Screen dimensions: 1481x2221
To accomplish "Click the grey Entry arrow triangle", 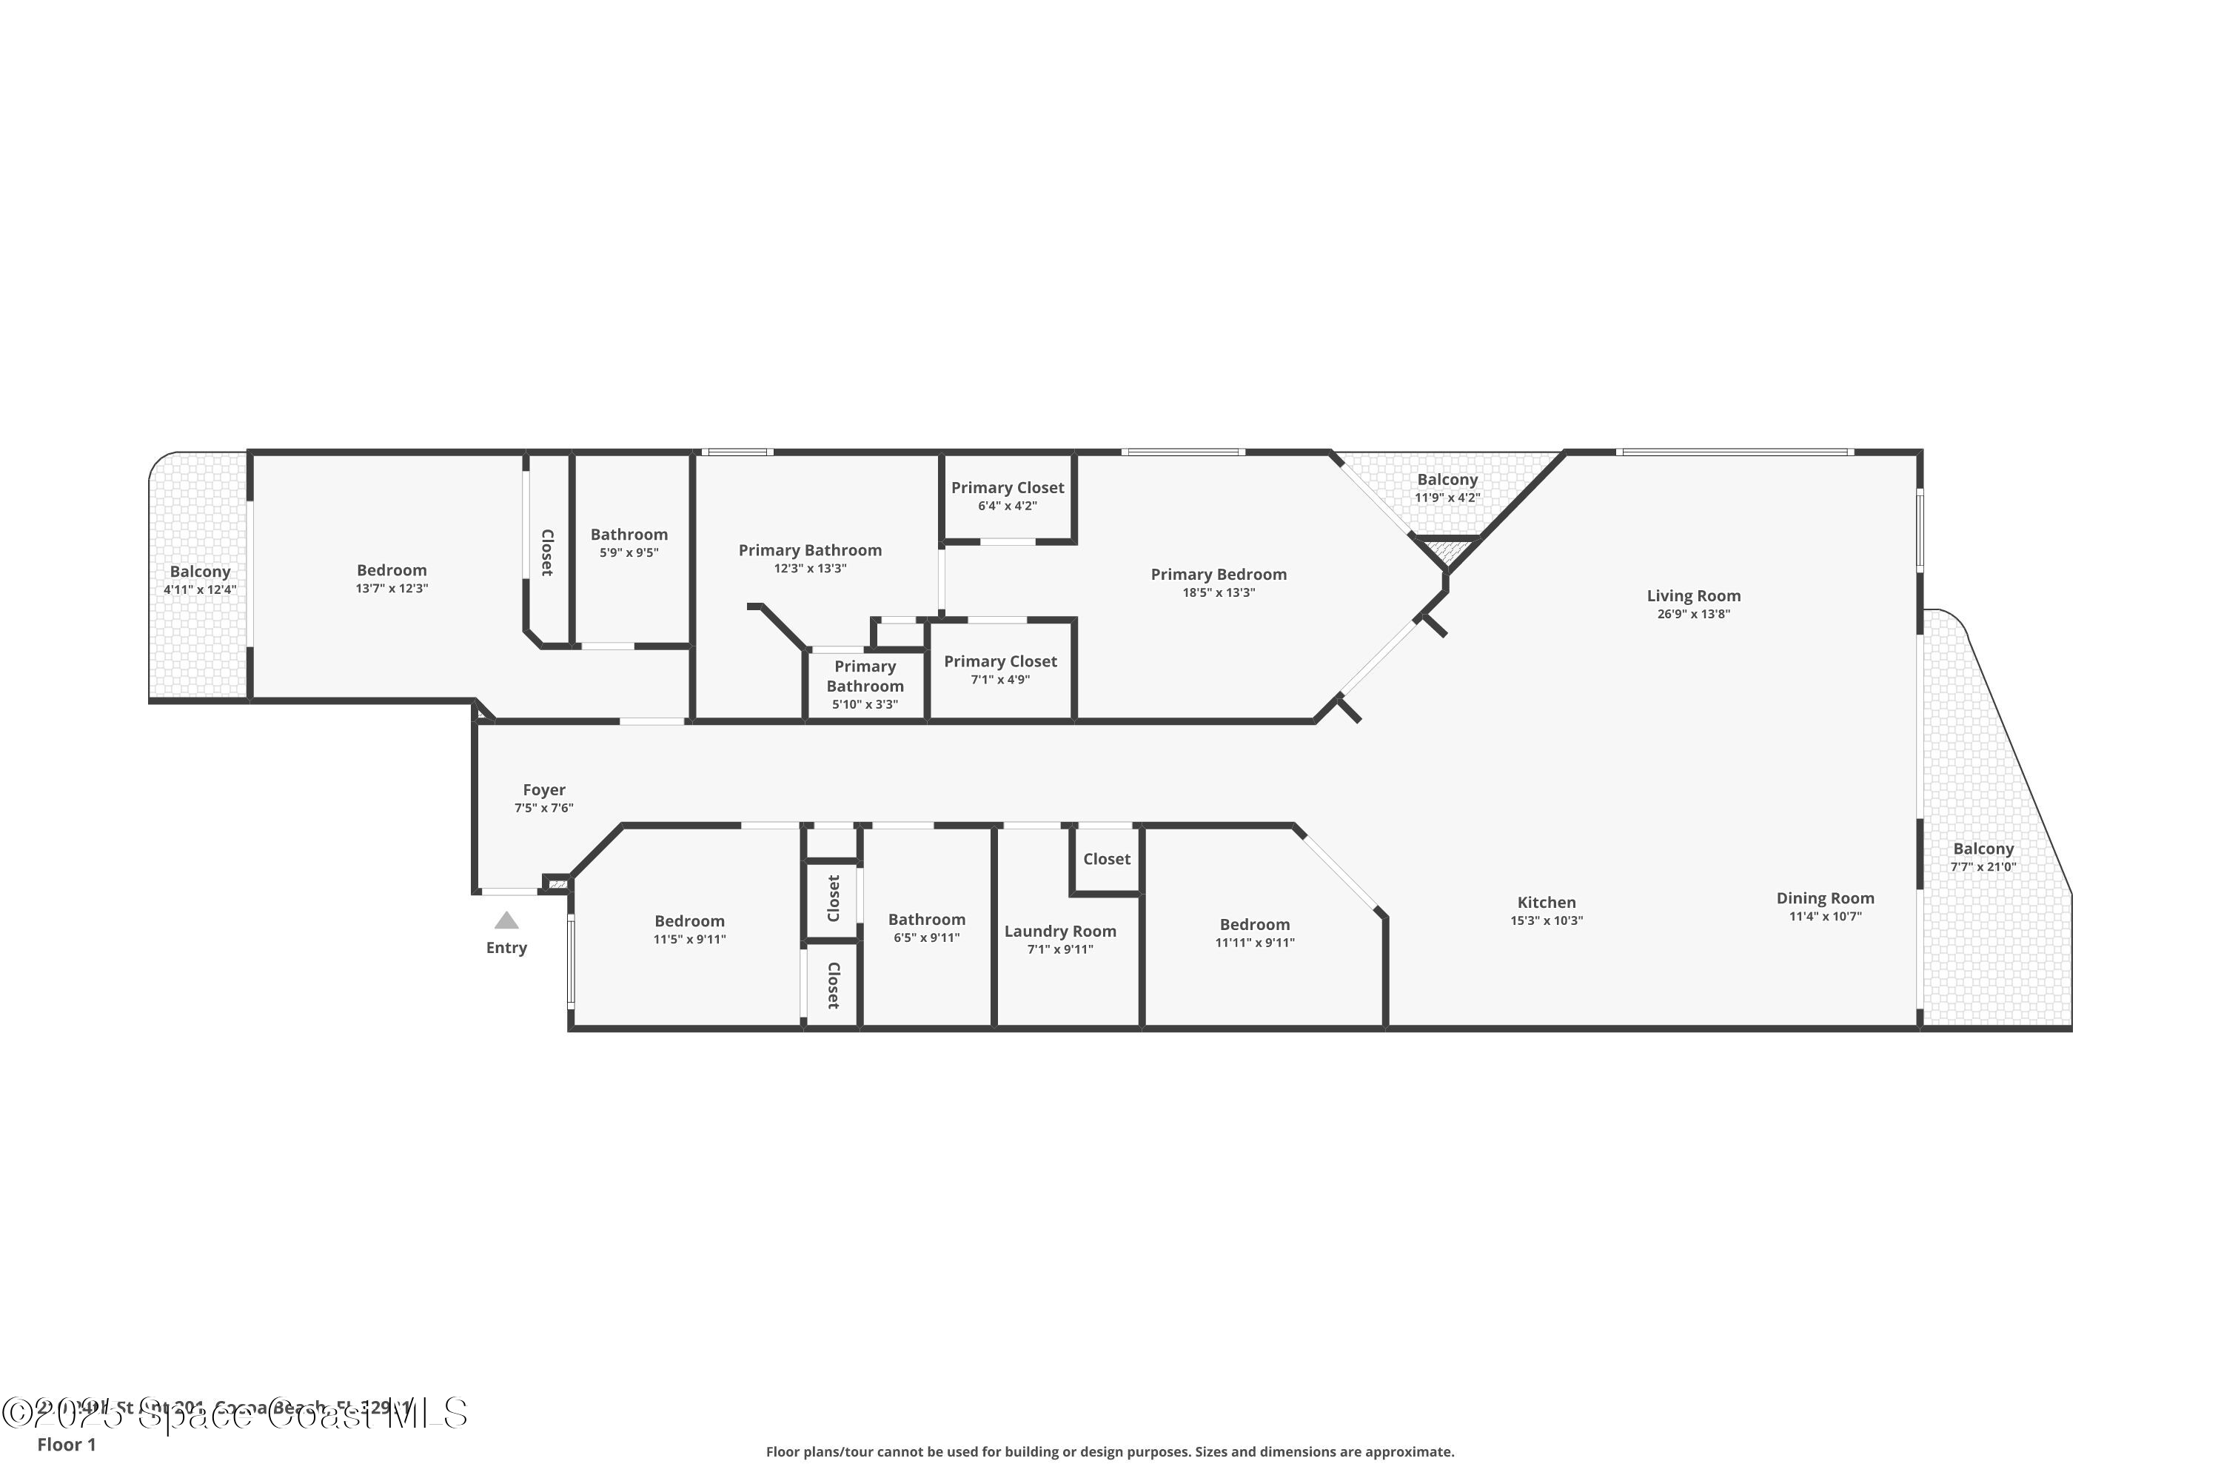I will (x=506, y=921).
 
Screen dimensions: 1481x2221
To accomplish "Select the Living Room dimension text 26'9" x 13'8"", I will (x=1693, y=615).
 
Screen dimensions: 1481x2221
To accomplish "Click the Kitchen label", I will (x=1546, y=903).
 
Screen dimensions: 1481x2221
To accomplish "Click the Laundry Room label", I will (x=1059, y=932).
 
